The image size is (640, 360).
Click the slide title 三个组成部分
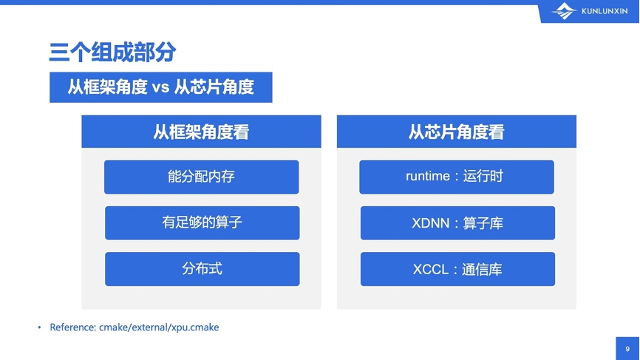click(112, 52)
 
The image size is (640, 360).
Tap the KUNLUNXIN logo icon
click(564, 11)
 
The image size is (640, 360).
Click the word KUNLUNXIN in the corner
click(605, 11)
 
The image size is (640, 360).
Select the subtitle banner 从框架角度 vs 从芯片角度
click(161, 87)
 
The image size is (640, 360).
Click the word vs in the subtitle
click(160, 87)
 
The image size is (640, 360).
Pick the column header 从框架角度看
click(201, 132)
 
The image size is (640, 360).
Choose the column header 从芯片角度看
click(456, 132)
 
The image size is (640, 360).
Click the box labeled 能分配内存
click(201, 177)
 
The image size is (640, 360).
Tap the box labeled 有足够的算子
click(202, 223)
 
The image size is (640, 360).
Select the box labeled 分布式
click(202, 269)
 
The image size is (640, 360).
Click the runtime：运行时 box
click(456, 177)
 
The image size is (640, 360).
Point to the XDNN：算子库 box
click(457, 223)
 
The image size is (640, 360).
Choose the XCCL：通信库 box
click(457, 269)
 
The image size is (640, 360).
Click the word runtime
click(427, 177)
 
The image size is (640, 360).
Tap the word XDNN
click(430, 223)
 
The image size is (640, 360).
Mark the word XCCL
click(431, 269)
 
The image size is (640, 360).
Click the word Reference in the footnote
click(72, 327)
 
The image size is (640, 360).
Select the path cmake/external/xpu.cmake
click(159, 327)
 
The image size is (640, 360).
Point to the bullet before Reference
click(39, 327)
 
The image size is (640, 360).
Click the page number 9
click(627, 349)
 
